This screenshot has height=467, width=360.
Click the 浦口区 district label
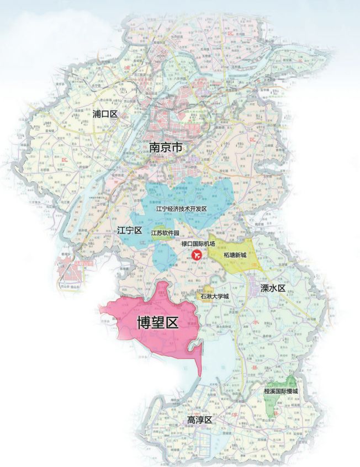coord(105,114)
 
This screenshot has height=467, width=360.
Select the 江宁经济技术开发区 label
coord(181,209)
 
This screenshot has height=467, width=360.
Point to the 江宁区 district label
coord(130,229)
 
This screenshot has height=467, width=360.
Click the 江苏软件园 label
coord(165,233)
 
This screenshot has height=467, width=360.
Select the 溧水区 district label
coord(273,288)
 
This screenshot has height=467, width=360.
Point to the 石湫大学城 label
coord(214,296)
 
